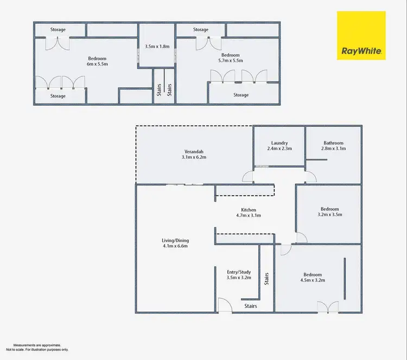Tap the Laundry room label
pos(279,146)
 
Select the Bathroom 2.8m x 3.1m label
pos(333,146)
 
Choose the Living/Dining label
pos(175,243)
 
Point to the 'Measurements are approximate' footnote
pos(37,345)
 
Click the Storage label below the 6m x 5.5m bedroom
pos(58,96)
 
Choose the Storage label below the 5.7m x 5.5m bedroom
pos(241,95)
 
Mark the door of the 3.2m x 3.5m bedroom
pos(300,237)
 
